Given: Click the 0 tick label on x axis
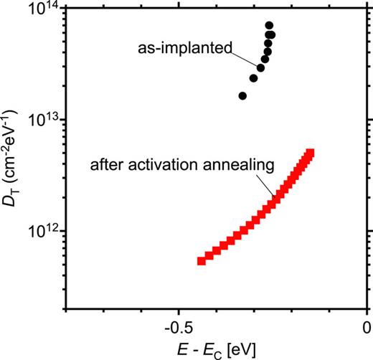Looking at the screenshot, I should [367, 326].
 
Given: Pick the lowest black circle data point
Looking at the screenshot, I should [242, 95].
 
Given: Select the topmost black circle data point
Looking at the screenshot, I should [269, 25].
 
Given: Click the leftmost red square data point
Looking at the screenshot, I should [202, 261].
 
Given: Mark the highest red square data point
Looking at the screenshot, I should [311, 153].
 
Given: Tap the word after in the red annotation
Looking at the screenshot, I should [107, 166].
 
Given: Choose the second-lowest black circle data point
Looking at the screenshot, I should [253, 78].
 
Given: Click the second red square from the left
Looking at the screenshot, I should [209, 256].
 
